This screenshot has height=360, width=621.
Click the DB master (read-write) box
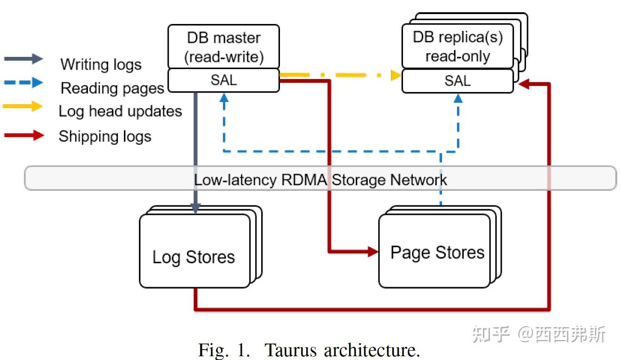(224, 47)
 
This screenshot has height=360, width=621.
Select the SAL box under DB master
(224, 80)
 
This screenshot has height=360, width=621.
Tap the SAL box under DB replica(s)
(457, 81)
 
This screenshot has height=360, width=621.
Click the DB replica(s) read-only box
(457, 47)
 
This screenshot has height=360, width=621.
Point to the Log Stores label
(194, 257)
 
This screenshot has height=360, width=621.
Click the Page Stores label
(437, 253)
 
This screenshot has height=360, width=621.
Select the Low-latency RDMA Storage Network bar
(320, 179)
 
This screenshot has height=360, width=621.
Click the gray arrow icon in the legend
(23, 59)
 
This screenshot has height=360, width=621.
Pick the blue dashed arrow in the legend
(23, 83)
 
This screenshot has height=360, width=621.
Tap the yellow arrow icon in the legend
(23, 107)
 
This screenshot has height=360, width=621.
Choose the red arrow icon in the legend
(23, 136)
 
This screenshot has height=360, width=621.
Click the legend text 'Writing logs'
(101, 64)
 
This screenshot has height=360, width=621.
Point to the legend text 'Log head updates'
(120, 111)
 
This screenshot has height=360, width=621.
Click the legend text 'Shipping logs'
(105, 136)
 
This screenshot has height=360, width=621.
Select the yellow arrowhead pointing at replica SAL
(396, 75)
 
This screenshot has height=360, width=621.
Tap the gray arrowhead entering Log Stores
(195, 208)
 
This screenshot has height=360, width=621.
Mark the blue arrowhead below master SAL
(224, 97)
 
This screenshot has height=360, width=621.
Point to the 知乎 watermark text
(490, 335)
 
